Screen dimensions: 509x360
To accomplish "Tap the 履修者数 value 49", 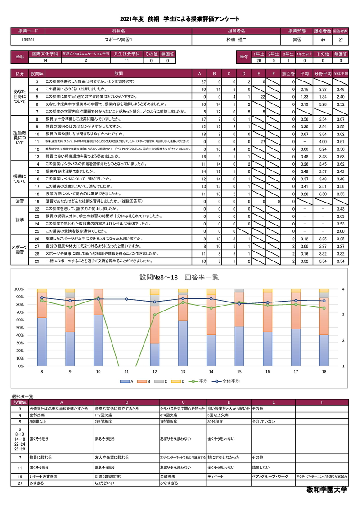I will [x=323, y=40].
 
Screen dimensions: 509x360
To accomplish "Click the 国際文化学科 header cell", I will [x=45, y=54].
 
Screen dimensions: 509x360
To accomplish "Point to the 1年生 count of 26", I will [x=259, y=60].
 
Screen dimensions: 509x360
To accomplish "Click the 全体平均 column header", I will [x=341, y=73].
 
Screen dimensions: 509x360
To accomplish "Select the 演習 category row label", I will [x=20, y=201].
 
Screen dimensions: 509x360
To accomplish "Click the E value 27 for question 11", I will [x=258, y=141].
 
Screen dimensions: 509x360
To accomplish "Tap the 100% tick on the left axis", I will [x=18, y=289].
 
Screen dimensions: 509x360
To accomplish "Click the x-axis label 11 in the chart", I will [x=126, y=372].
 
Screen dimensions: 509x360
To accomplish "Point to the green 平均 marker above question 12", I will [x=154, y=315].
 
